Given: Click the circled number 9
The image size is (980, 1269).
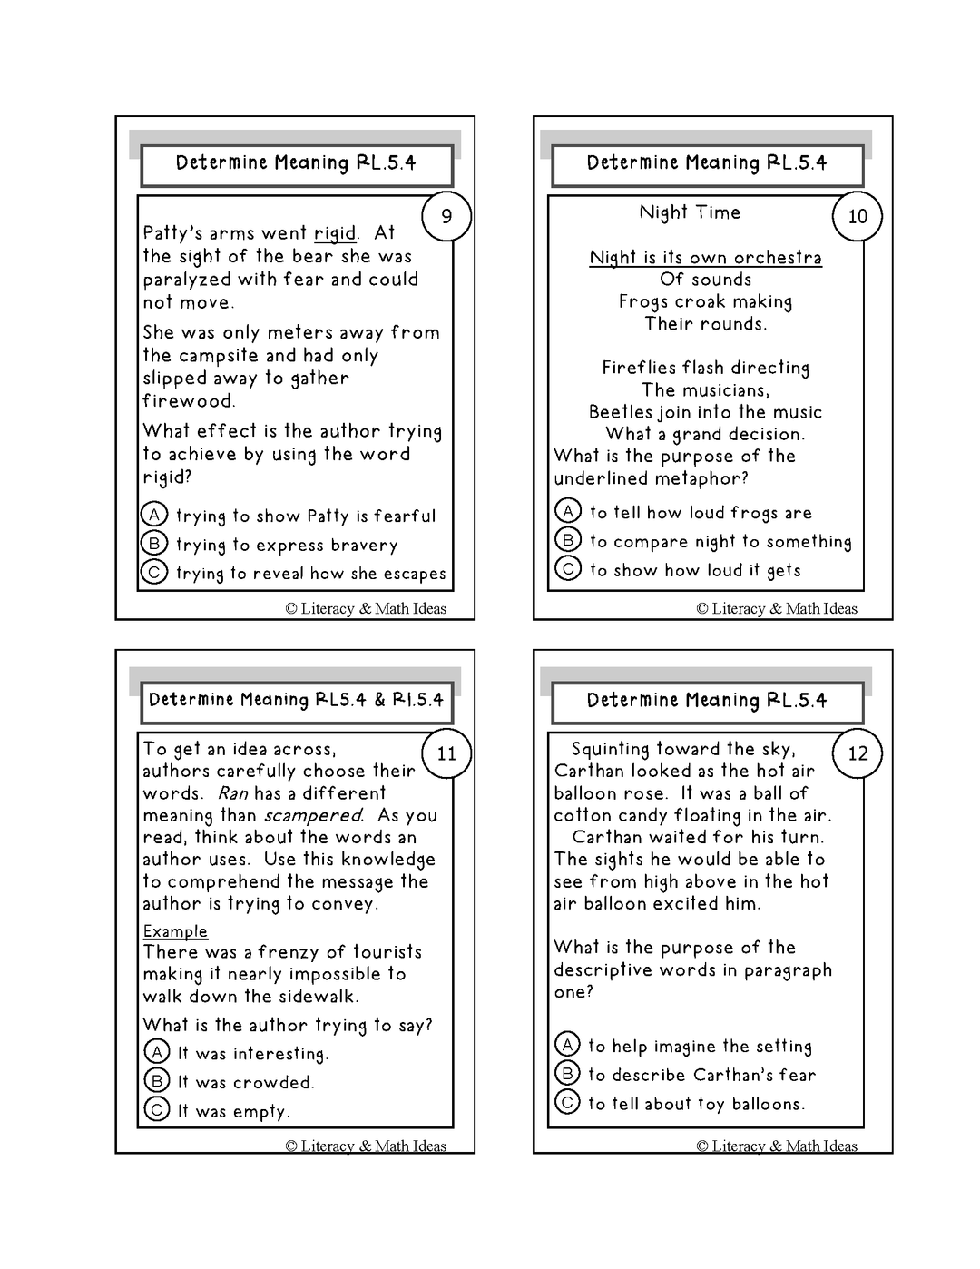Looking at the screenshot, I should [446, 216].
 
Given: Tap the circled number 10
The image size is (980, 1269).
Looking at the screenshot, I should [857, 216].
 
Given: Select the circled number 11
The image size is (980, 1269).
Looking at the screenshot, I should [446, 753].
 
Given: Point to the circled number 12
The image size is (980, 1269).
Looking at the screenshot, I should [857, 753].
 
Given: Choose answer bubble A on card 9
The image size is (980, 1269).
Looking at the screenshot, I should [154, 515].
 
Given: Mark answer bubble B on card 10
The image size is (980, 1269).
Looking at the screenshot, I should [568, 540].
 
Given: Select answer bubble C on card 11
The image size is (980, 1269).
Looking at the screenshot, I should [157, 1109].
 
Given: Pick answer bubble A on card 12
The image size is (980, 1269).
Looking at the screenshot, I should [567, 1045].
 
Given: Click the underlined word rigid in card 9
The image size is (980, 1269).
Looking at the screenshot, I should [335, 234].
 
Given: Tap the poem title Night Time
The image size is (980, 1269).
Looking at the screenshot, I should [690, 212].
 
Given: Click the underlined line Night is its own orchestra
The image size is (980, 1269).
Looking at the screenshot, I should [705, 258].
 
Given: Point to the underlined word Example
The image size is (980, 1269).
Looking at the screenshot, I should [175, 931].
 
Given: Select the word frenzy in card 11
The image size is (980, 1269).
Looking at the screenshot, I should [289, 952].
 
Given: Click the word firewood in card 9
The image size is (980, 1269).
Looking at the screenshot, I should [188, 401].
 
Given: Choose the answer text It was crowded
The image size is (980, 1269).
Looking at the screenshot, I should [245, 1082].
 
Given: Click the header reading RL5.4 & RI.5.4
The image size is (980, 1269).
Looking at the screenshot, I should [296, 700].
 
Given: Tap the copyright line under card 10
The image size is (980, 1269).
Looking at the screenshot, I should [777, 608].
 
